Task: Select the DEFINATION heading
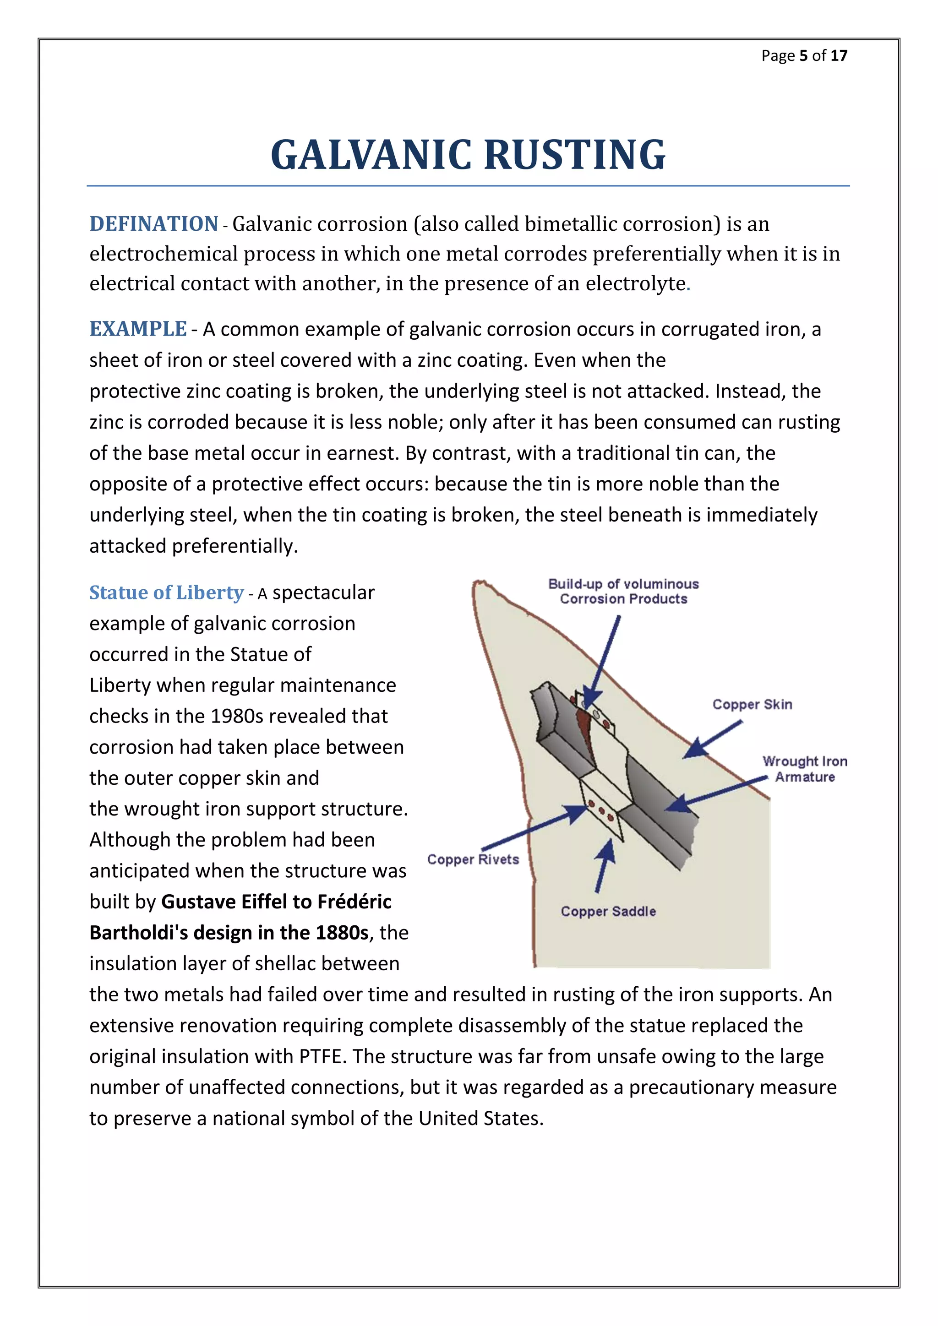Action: (153, 224)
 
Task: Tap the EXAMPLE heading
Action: (138, 329)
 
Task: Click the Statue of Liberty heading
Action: (166, 592)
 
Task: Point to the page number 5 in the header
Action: (803, 55)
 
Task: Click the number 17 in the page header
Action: (839, 55)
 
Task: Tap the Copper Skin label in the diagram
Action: (752, 704)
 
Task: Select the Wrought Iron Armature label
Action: (805, 769)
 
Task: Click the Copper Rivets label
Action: (473, 859)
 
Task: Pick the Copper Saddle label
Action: (608, 911)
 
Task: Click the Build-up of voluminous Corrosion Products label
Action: (623, 592)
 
